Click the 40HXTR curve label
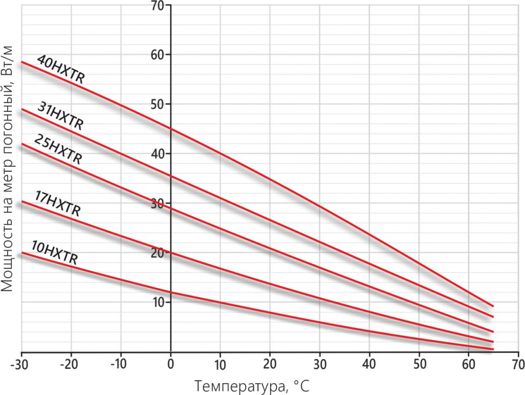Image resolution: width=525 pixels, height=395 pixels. click(x=61, y=70)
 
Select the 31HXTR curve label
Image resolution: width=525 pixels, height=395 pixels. click(x=60, y=116)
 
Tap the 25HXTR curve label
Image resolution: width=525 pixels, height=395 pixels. click(x=58, y=149)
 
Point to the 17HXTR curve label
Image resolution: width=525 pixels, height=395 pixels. click(x=58, y=204)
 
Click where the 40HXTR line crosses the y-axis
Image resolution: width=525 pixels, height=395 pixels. click(x=171, y=129)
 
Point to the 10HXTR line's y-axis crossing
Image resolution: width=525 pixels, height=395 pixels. click(x=171, y=291)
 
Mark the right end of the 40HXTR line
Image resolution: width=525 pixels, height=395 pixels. click(x=493, y=306)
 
